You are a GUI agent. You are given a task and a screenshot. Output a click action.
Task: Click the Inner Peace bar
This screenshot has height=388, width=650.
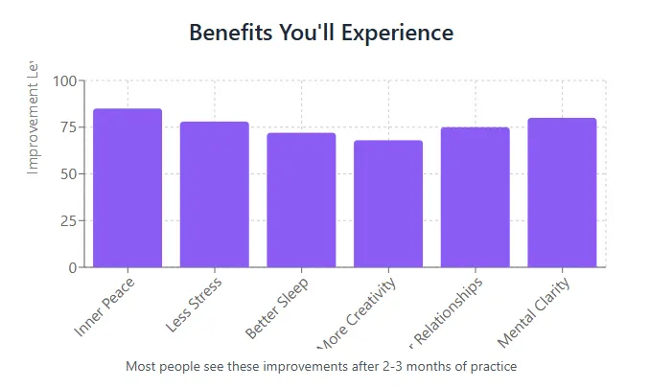point(128,188)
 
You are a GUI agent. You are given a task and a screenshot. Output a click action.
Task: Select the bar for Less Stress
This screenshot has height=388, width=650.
point(215,194)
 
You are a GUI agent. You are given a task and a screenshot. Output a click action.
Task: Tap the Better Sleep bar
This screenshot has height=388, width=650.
point(301,199)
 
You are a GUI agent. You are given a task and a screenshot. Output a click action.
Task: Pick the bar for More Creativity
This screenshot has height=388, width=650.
point(388,203)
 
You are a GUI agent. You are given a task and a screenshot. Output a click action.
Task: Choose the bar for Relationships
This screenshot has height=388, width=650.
point(476,196)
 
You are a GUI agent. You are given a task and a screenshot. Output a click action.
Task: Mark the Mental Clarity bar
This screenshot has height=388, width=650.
point(562,193)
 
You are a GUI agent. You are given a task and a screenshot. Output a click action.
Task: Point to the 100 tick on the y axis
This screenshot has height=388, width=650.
point(64,81)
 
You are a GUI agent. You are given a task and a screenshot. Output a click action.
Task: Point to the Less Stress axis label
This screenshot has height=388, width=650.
point(195,305)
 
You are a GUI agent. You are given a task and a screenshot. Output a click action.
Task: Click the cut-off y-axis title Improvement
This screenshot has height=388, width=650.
point(33,117)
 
